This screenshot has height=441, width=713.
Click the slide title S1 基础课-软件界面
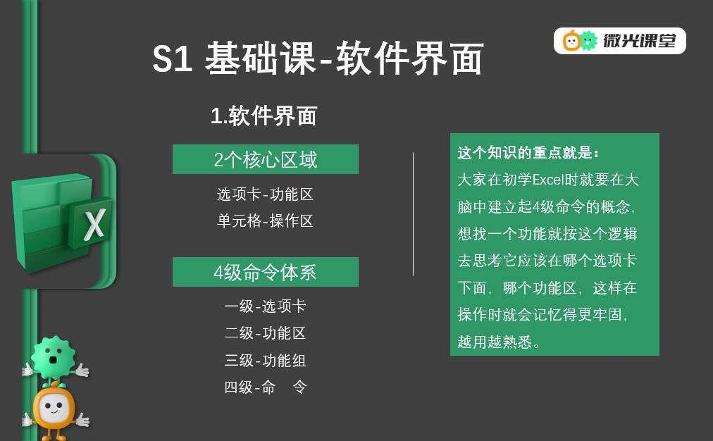tap(318, 58)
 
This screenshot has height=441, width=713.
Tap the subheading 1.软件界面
tap(263, 116)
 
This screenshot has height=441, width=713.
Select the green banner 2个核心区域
tap(266, 159)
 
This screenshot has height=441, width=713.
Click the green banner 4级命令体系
tap(266, 272)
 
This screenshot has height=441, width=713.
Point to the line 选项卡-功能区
tap(265, 194)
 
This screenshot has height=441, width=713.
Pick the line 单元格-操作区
tap(265, 221)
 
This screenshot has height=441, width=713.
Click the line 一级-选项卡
tap(265, 306)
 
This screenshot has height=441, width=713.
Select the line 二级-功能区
tap(265, 333)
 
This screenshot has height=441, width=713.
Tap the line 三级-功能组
tap(265, 360)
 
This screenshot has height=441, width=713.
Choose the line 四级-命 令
tap(266, 387)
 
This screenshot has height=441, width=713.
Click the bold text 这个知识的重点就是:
tap(528, 153)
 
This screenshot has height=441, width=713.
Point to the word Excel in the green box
tap(548, 180)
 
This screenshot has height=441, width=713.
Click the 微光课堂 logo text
tap(639, 41)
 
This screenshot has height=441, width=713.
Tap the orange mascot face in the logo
tap(571, 41)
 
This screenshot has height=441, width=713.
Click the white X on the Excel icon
tap(94, 224)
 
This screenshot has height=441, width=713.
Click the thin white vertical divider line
tap(413, 214)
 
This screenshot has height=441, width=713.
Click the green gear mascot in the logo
tap(589, 41)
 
